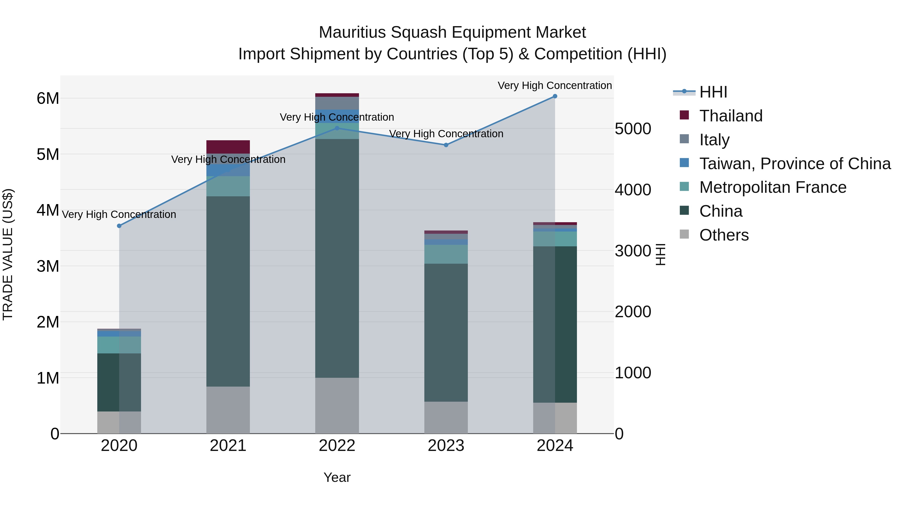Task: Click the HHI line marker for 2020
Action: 119,226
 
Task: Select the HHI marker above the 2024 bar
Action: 555,96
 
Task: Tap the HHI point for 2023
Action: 446,145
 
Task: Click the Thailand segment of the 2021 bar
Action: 228,147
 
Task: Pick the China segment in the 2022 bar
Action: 337,258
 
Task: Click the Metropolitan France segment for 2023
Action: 446,254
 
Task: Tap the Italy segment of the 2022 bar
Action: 337,103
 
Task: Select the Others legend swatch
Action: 684,234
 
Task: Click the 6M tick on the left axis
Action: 48,98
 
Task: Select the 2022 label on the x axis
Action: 337,446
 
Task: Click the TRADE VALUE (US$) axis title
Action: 8,254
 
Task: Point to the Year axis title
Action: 337,477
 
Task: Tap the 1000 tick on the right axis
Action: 633,373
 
